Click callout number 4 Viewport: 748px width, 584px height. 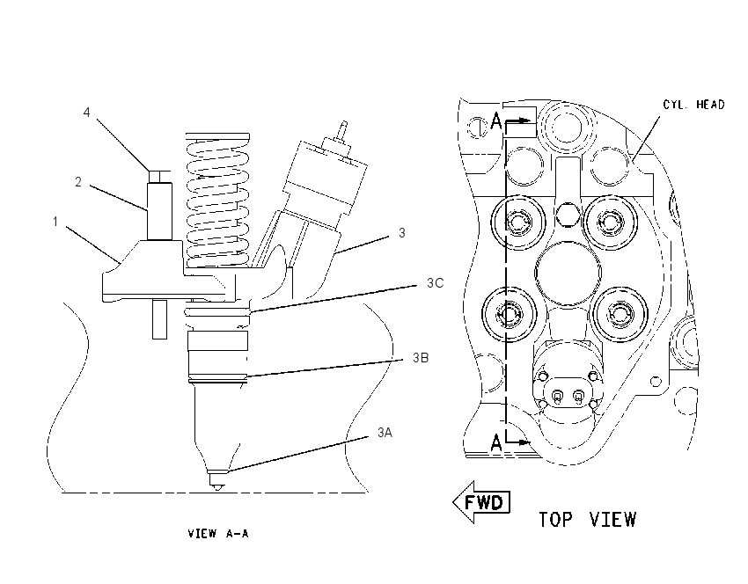click(86, 113)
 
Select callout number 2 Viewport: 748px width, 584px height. click(78, 182)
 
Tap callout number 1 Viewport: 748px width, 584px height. click(55, 222)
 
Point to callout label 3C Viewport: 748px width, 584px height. click(435, 283)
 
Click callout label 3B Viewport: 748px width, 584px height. click(421, 358)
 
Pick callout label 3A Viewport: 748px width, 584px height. click(385, 433)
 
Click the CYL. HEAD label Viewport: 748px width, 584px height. click(693, 105)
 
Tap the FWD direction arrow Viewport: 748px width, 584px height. click(481, 502)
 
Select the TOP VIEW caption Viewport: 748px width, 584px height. click(587, 519)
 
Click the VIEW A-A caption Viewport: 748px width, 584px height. click(218, 534)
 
